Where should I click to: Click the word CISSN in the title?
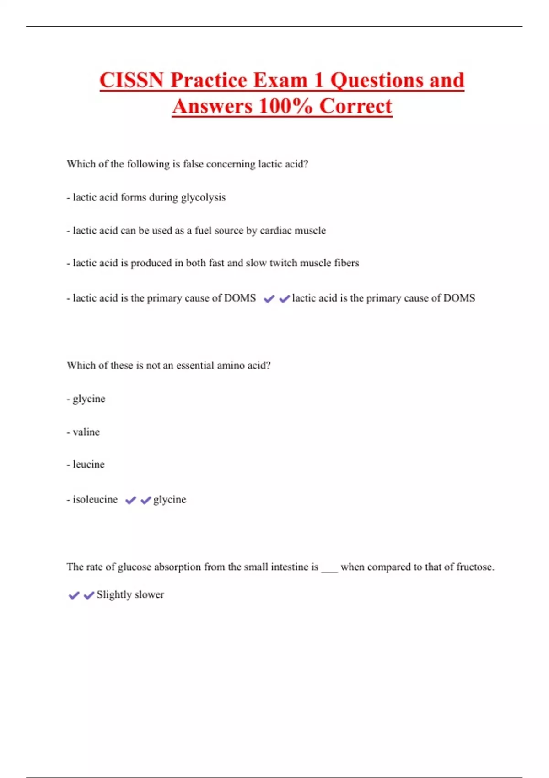pos(131,81)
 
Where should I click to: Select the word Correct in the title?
pos(355,107)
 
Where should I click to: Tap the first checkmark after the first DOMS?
pos(269,299)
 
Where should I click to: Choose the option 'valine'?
pos(86,432)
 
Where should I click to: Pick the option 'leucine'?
pos(88,465)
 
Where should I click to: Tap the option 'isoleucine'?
pos(95,499)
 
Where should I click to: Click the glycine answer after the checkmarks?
pos(170,499)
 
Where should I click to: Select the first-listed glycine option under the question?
pos(89,399)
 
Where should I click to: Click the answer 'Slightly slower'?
pos(130,594)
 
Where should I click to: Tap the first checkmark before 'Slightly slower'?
pos(74,595)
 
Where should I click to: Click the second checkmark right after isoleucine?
pos(145,500)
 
